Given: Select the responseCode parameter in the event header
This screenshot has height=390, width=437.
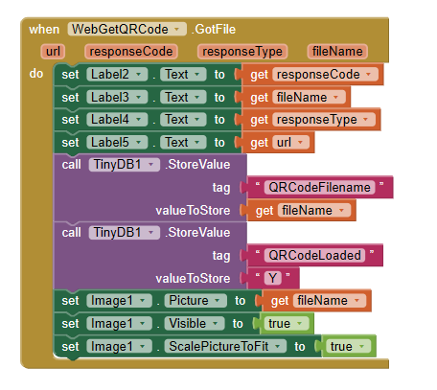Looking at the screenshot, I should coord(133,51).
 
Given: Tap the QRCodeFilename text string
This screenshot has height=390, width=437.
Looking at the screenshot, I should coord(318,187).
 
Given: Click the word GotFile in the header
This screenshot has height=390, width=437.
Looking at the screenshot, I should coord(220,29).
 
